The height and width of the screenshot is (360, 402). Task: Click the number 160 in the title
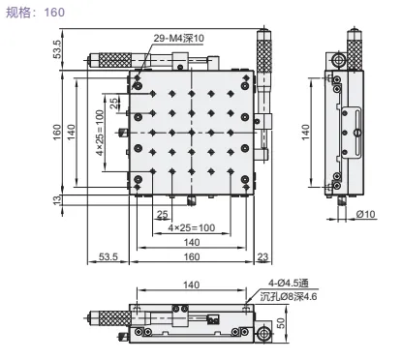[x=54, y=13]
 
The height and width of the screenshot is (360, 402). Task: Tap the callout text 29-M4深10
[x=178, y=38]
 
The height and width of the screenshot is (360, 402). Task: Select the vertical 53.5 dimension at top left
[x=57, y=49]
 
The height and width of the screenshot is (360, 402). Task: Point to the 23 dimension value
[x=263, y=256]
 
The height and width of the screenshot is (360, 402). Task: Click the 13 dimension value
[x=57, y=200]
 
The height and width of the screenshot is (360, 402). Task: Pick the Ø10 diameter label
[x=366, y=214]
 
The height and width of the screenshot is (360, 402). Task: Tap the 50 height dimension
[x=281, y=323]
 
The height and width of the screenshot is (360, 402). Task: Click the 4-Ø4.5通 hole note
[x=289, y=283]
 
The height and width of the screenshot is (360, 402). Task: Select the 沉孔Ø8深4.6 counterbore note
[x=289, y=296]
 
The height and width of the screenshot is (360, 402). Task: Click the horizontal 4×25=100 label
[x=192, y=227]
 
